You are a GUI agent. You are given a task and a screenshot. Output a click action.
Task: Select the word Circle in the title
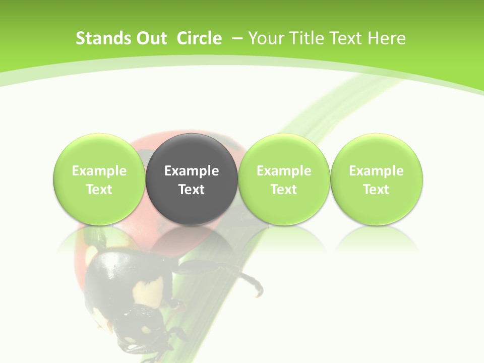[x=199, y=38]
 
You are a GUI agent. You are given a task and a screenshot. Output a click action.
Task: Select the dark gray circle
[x=192, y=179]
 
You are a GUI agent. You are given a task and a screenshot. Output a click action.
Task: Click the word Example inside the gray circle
[x=192, y=171]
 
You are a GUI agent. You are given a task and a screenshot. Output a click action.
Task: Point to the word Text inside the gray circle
[x=192, y=190]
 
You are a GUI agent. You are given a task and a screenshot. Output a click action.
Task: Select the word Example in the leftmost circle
[x=99, y=171]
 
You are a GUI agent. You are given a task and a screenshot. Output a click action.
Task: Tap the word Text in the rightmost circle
[x=377, y=190]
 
